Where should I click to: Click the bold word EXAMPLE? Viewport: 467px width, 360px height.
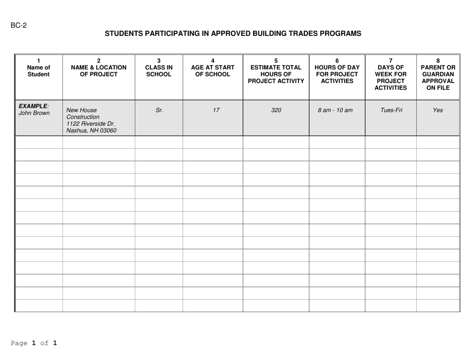coord(33,106)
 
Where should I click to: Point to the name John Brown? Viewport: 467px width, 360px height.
coord(34,113)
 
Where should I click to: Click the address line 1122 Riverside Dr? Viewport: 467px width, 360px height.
coord(90,124)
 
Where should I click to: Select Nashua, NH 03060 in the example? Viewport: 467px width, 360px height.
coord(92,131)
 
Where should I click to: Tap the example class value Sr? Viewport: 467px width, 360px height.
coord(159,111)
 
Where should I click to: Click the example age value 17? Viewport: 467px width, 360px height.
coord(212,111)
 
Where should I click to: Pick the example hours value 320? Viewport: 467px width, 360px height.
coord(276,111)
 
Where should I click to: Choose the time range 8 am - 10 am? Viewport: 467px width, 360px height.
coord(337,111)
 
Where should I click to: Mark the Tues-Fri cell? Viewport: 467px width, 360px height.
coord(390,111)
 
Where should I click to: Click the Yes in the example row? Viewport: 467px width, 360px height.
coord(438,111)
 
